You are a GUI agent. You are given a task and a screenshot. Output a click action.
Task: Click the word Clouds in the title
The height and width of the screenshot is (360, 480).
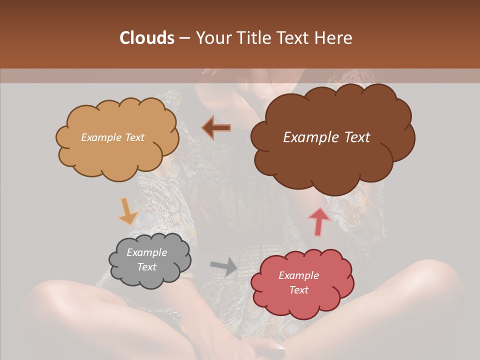(147, 38)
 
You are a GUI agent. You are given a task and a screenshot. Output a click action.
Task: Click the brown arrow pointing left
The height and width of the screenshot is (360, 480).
(216, 127)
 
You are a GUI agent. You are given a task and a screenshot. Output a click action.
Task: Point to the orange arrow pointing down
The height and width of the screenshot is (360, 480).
(128, 211)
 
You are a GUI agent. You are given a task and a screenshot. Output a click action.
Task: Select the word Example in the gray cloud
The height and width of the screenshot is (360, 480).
(146, 252)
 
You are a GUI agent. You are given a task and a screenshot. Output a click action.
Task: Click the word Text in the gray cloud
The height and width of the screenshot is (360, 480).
(146, 267)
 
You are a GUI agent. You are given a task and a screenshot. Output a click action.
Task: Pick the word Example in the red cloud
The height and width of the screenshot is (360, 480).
(298, 275)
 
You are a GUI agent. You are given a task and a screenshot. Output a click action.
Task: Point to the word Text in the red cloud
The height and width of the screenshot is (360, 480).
(298, 290)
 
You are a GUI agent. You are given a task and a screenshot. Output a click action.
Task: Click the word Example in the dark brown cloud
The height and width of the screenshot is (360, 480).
(306, 137)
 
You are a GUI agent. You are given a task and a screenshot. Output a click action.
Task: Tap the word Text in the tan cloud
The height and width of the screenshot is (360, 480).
(134, 137)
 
